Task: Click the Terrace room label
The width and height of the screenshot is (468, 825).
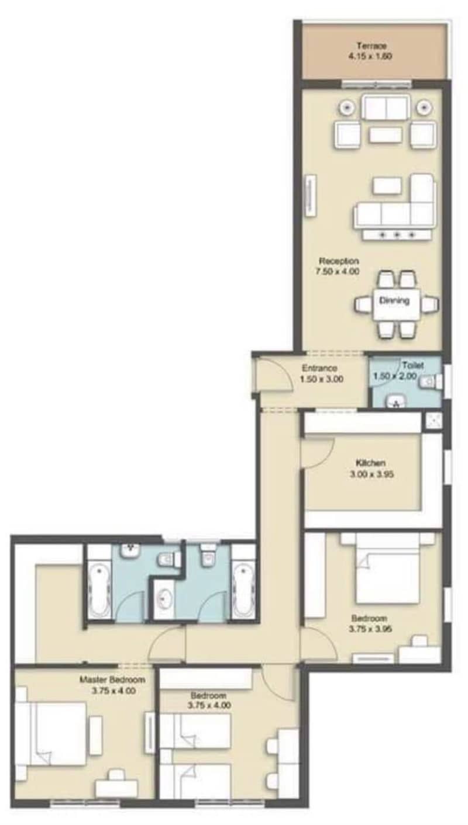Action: tap(371, 46)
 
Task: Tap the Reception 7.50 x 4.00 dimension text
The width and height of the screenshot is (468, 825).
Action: tap(338, 272)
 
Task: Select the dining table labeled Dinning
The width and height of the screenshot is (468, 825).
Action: tap(397, 304)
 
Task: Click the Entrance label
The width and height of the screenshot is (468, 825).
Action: tap(319, 368)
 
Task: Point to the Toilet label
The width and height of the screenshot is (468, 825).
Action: tap(412, 365)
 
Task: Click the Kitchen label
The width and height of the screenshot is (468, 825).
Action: tap(371, 463)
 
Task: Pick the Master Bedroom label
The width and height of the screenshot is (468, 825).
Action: tap(112, 680)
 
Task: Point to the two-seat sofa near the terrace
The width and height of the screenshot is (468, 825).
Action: tap(386, 108)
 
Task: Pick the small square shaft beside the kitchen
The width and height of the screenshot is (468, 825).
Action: tap(433, 421)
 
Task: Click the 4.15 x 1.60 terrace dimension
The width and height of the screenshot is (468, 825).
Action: tap(370, 56)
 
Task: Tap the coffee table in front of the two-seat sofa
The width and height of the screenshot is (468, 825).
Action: tap(386, 135)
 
